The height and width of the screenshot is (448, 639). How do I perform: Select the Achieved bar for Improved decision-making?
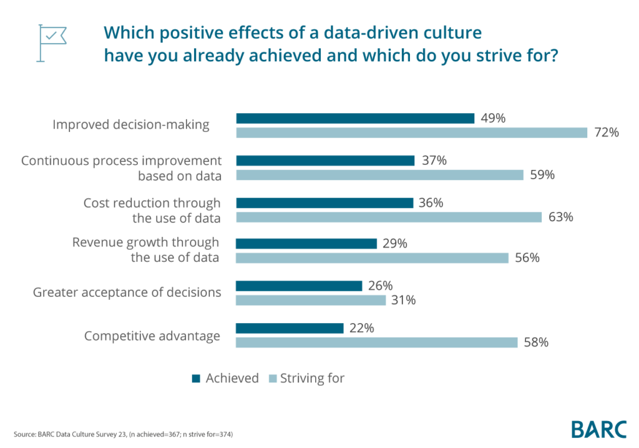[355, 118]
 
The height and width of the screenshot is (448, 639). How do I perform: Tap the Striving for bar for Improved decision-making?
[411, 132]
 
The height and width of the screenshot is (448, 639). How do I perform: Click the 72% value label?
[606, 132]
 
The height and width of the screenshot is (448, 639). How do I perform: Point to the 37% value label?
[434, 161]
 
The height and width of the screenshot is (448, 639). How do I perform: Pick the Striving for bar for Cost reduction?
[388, 217]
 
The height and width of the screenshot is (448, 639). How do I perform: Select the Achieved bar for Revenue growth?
[306, 244]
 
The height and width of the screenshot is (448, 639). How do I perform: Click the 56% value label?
[527, 258]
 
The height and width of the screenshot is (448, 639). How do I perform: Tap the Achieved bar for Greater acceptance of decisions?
[299, 286]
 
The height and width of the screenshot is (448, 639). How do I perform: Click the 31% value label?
[404, 301]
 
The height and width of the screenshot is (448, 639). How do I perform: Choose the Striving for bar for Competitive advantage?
[376, 342]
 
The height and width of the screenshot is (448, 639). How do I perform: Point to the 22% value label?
[361, 328]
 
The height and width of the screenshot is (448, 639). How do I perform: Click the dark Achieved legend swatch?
[196, 378]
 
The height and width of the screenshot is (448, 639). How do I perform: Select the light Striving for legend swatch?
[271, 378]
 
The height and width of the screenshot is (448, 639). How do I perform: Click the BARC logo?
[598, 429]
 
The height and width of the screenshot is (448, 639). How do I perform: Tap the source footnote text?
[123, 434]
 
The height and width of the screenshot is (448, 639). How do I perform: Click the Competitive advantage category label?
[152, 336]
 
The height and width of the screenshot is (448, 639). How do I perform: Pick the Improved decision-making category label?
[131, 124]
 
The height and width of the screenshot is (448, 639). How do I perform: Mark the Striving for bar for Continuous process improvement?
[379, 175]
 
